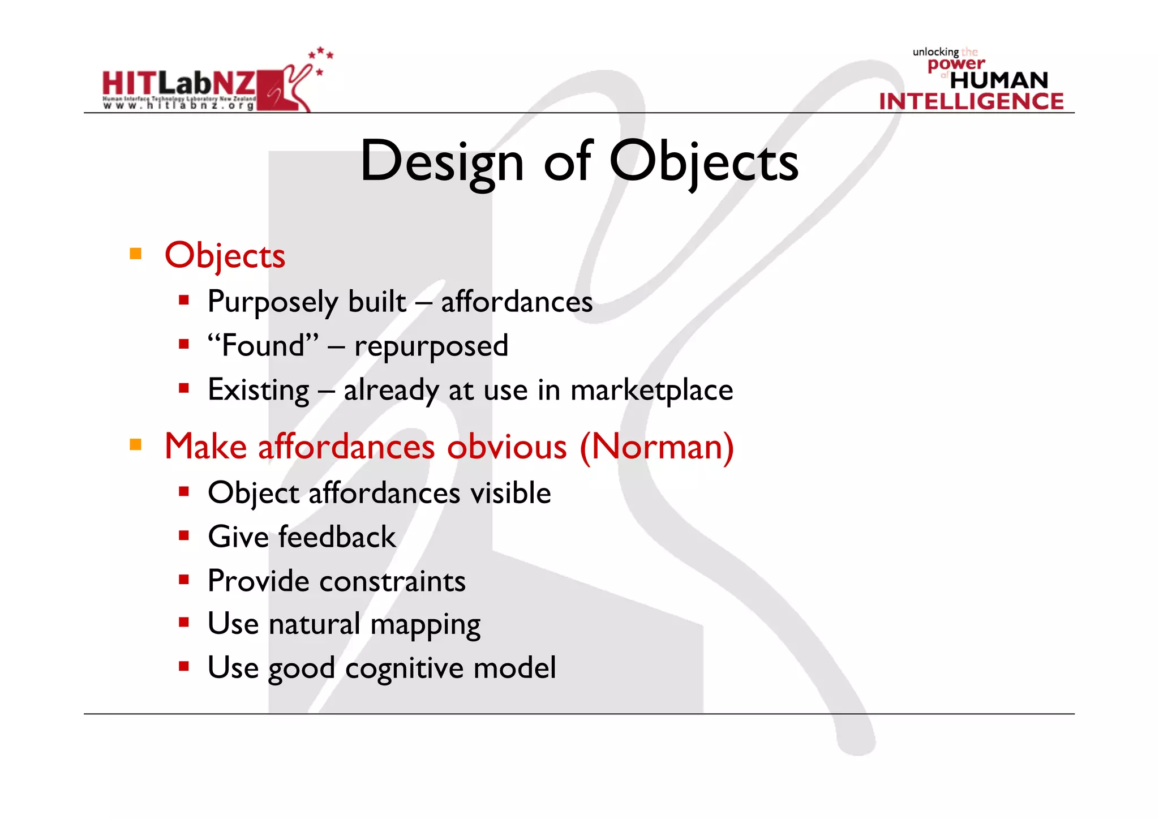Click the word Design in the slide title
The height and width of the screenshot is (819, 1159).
[442, 162]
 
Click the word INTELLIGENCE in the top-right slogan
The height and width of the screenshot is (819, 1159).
[971, 102]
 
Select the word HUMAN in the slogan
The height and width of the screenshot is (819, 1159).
[999, 80]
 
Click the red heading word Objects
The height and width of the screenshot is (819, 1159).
[225, 256]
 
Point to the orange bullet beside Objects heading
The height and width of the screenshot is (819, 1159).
[136, 254]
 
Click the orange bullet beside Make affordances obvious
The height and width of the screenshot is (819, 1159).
[136, 444]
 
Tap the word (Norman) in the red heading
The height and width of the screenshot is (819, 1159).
[656, 447]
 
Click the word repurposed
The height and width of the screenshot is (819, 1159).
[431, 346]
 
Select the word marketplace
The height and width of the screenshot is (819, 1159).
[651, 391]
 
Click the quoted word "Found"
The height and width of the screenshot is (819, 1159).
[263, 345]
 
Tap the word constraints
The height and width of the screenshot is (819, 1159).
[393, 581]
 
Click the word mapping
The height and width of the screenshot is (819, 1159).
[425, 625]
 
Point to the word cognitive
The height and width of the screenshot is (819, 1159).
[404, 669]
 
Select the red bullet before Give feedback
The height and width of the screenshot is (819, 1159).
[183, 535]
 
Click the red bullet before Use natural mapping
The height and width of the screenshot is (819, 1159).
[183, 623]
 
